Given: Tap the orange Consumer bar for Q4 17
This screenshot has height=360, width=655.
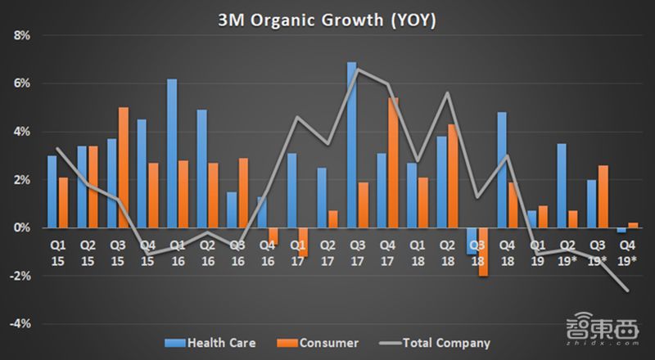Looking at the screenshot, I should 393,163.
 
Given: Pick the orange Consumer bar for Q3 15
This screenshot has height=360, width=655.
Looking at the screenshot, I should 123,168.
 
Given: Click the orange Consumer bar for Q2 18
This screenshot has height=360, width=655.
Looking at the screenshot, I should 453,176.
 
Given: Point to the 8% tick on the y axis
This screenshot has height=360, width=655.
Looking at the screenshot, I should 20,36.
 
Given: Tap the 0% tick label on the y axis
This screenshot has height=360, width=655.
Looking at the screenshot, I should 20,228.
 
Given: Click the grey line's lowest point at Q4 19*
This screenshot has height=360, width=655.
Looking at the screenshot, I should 626,290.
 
